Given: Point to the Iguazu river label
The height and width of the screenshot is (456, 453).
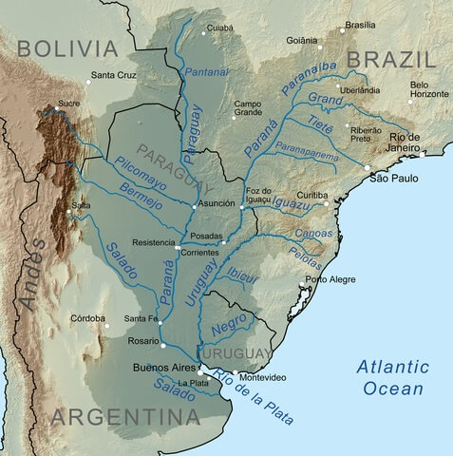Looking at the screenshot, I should pos(293,202).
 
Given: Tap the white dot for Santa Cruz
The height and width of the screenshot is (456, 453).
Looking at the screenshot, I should pos(87,83).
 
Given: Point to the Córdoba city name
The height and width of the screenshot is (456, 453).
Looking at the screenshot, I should pos(87,318).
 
